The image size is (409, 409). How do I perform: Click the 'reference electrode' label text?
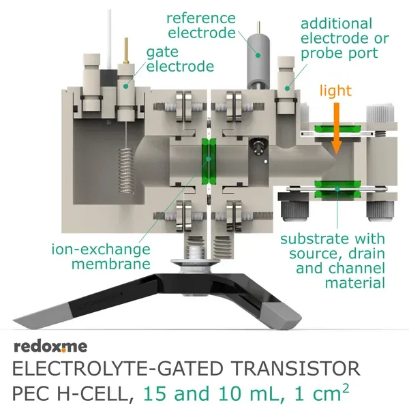[x=202, y=26]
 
